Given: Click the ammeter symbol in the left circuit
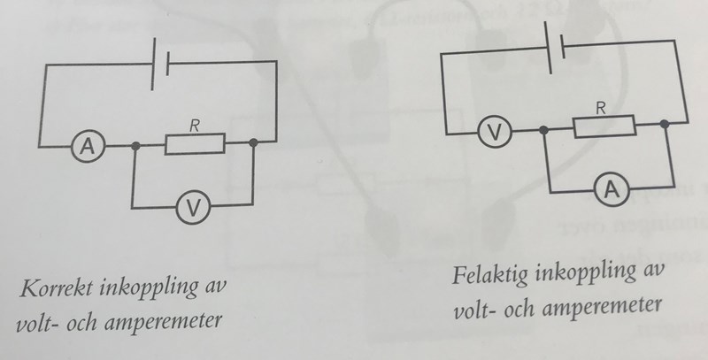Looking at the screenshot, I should point(88,147).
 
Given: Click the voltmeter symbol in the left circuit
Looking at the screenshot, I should point(193,208).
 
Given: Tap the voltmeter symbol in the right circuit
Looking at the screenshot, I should point(495,133).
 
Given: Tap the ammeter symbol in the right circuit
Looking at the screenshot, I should point(611,188).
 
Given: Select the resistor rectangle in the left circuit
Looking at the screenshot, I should point(196,143).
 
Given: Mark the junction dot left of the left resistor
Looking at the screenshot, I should point(135,145).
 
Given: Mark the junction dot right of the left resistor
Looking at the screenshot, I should point(254,142).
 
